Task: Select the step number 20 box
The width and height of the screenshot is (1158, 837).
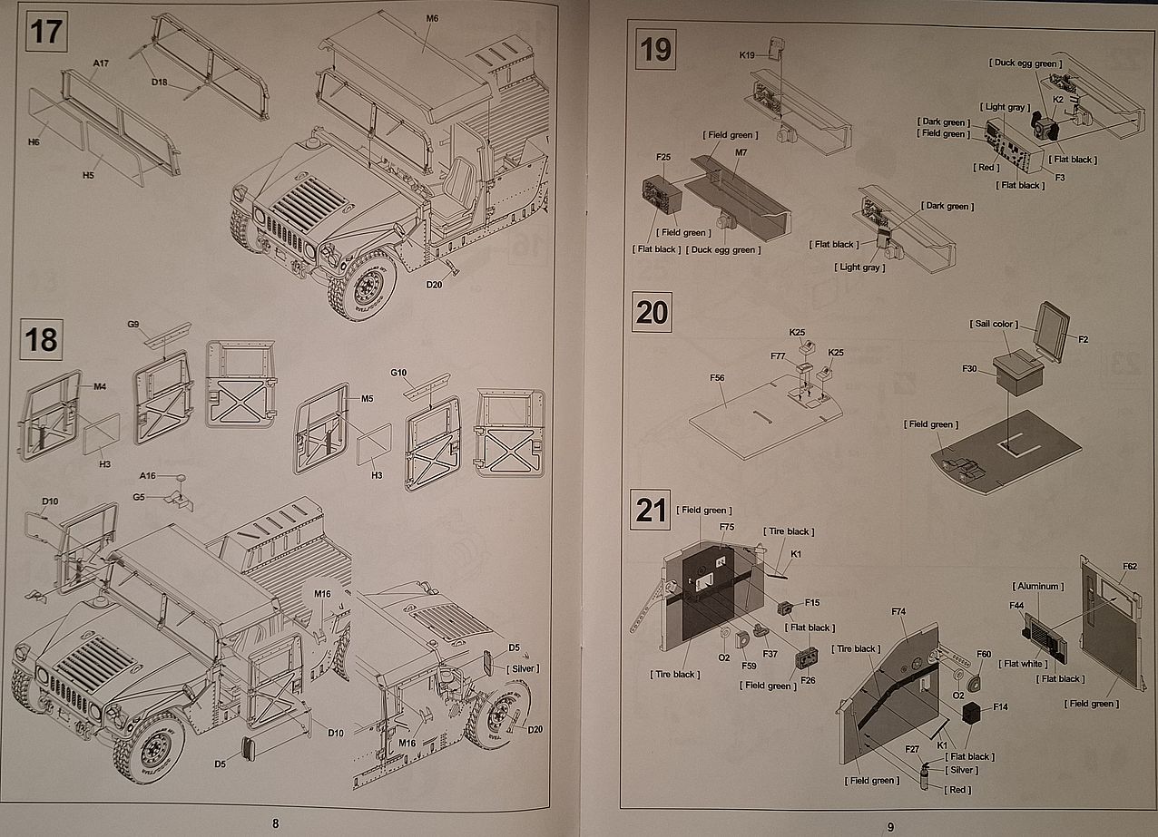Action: pyautogui.click(x=652, y=313)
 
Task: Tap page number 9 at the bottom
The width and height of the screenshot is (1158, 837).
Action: pyautogui.click(x=890, y=826)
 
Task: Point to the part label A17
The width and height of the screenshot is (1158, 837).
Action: pyautogui.click(x=101, y=63)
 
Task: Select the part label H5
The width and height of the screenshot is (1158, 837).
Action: pyautogui.click(x=87, y=175)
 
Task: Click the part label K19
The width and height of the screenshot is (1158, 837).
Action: pyautogui.click(x=747, y=55)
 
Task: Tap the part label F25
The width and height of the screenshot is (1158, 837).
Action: pyautogui.click(x=662, y=157)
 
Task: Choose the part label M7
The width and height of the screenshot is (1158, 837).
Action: pyautogui.click(x=741, y=151)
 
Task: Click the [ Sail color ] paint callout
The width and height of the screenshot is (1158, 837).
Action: pyautogui.click(x=995, y=324)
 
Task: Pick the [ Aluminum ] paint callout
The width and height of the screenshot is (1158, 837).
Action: pyautogui.click(x=1036, y=587)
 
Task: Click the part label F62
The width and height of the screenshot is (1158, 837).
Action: pyautogui.click(x=1129, y=567)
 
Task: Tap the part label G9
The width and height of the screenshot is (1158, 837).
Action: pyautogui.click(x=133, y=324)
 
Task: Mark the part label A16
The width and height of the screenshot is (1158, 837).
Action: pyautogui.click(x=148, y=476)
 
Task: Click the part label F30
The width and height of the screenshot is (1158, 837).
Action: pyautogui.click(x=968, y=369)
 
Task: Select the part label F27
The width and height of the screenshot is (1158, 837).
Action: pyautogui.click(x=912, y=749)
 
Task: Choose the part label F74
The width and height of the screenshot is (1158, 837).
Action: pyautogui.click(x=898, y=612)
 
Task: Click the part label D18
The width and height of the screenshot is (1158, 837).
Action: pyautogui.click(x=160, y=82)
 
